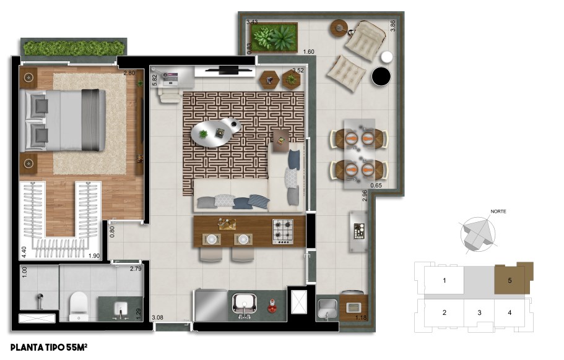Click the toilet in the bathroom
point(79,306)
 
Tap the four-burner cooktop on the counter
point(283,232)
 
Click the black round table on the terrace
point(381,77)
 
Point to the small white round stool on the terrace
point(387,58)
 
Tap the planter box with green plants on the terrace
point(274,38)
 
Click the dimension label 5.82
point(155,80)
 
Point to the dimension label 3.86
point(393,25)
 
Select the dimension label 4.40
point(24,252)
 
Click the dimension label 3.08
point(157,317)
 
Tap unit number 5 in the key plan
point(510,280)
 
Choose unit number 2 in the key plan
point(445,312)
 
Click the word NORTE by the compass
point(498,212)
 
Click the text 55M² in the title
point(77,348)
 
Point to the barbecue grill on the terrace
point(358,231)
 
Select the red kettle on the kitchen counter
point(272,305)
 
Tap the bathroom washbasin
point(121,308)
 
